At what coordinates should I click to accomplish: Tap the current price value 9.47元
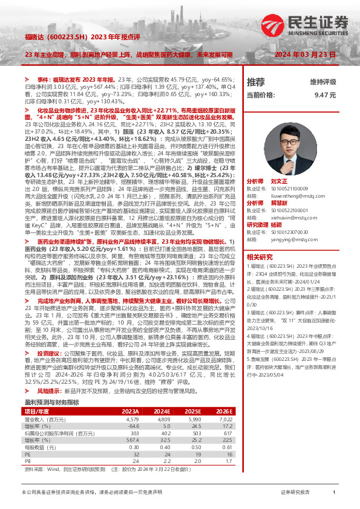click(x=325, y=95)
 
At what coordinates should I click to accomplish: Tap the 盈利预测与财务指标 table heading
click(x=52, y=385)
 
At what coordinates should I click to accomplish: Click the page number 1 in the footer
click(x=334, y=493)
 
